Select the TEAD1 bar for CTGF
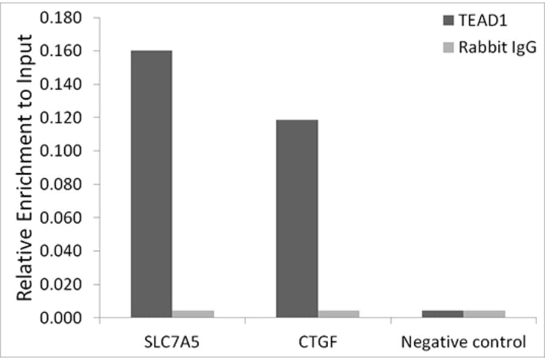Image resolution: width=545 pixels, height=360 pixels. coord(297,218)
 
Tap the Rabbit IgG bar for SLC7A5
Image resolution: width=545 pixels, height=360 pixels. coord(193,313)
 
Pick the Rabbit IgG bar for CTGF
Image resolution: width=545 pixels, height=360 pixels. coord(339,313)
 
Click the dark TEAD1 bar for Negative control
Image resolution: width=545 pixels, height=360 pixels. coord(443,313)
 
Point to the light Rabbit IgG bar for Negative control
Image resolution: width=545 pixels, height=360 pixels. coord(484,313)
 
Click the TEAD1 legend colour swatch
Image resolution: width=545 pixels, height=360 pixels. coord(448,21)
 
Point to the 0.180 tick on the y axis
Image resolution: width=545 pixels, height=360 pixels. coord(60,18)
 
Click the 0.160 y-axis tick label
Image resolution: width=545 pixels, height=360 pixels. coord(60,52)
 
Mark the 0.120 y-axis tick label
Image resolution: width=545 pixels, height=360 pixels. coord(60,118)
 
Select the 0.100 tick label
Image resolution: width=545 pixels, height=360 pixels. coord(60,151)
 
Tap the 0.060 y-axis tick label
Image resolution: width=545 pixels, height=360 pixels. coord(60,218)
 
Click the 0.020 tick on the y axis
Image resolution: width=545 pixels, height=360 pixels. coord(60,284)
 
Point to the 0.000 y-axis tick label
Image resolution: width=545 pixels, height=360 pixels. coord(60,318)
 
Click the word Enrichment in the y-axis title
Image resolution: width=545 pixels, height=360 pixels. coord(24,182)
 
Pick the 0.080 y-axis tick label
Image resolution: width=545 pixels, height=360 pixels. coord(60,184)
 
